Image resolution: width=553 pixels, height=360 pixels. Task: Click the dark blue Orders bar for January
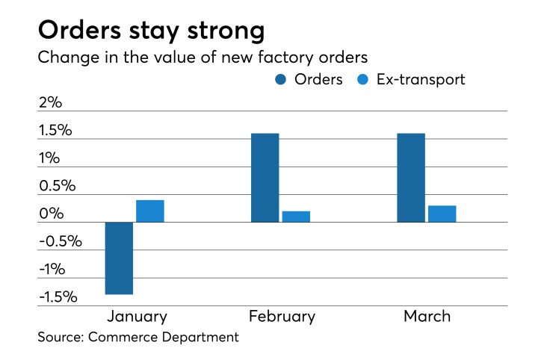pos(119,258)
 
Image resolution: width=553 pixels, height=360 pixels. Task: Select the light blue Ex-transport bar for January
pos(149,211)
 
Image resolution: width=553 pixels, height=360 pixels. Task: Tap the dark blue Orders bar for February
pos(265,178)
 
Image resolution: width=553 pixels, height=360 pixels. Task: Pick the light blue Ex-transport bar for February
pos(295,217)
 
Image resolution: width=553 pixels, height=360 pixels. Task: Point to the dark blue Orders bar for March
pos(411,178)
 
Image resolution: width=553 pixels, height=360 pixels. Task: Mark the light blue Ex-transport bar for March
pos(442,214)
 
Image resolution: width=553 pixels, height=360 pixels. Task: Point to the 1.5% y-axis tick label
pos(57,130)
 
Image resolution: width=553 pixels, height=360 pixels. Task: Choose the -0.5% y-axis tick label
pos(59,241)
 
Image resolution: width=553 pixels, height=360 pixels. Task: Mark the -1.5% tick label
pos(59,297)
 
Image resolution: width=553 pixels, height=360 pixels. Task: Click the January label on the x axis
pos(137,317)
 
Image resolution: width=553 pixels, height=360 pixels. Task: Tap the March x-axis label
pos(427,317)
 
